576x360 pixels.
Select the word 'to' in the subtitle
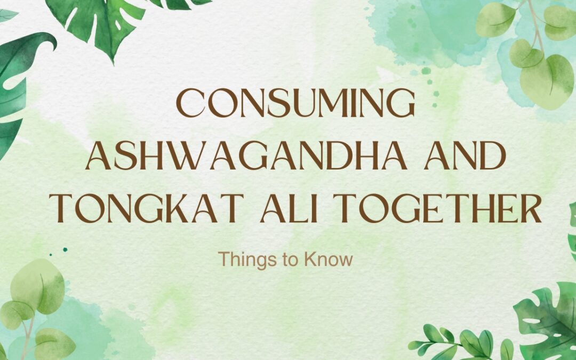coord(285,260)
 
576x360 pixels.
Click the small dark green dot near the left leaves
coord(65,249)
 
